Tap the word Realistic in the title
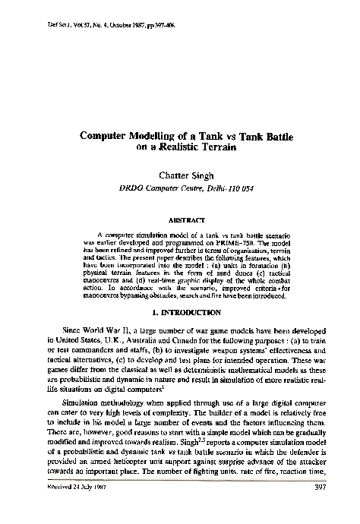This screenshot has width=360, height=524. click(181, 149)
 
